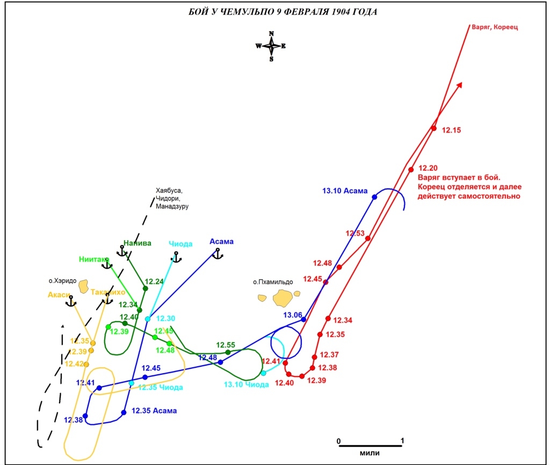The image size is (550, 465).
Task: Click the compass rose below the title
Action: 271,46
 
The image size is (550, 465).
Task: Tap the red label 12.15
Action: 452,130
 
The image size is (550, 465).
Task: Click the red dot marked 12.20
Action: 411,170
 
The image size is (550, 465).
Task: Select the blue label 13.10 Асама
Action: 345,191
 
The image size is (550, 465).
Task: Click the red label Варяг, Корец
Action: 494,27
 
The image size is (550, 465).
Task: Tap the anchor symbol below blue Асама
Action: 217,253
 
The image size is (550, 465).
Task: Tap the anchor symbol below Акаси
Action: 70,301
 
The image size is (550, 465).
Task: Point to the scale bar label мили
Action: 370,453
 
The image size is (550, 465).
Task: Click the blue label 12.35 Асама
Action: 154,411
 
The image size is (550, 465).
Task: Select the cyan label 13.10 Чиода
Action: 246,384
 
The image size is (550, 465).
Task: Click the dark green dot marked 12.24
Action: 145,288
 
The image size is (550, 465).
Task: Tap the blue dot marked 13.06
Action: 303,319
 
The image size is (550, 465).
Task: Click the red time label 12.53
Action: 355,234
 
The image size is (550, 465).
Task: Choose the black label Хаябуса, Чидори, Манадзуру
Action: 172,198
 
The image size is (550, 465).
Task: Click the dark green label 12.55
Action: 226,345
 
